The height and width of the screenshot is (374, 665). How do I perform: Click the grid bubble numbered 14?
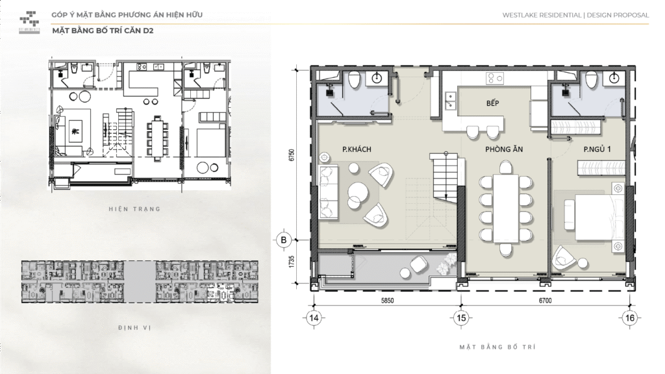314,318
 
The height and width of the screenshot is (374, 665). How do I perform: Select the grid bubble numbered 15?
460,318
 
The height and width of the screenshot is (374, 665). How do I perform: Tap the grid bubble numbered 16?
628,318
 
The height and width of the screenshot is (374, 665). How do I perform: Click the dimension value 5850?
388,301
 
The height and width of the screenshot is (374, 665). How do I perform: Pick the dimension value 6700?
544,301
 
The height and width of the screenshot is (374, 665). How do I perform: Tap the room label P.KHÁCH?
357,150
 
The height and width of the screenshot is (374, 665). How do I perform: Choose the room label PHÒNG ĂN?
504,150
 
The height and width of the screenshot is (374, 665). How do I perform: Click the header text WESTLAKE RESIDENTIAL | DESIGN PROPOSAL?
575,15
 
